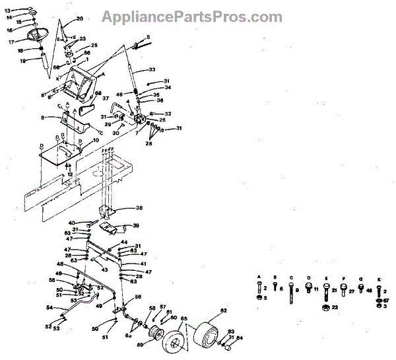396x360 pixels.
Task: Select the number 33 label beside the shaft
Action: pyautogui.click(x=152, y=69)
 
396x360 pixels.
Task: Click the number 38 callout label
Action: pyautogui.click(x=139, y=207)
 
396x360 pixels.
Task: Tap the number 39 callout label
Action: pyautogui.click(x=136, y=225)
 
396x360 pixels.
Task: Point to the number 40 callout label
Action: pyautogui.click(x=72, y=223)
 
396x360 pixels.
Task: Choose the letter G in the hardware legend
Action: pyautogui.click(x=360, y=279)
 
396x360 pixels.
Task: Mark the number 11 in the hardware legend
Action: pyautogui.click(x=316, y=289)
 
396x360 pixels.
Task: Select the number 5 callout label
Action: pyautogui.click(x=148, y=37)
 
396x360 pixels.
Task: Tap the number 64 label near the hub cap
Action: pyautogui.click(x=240, y=338)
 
